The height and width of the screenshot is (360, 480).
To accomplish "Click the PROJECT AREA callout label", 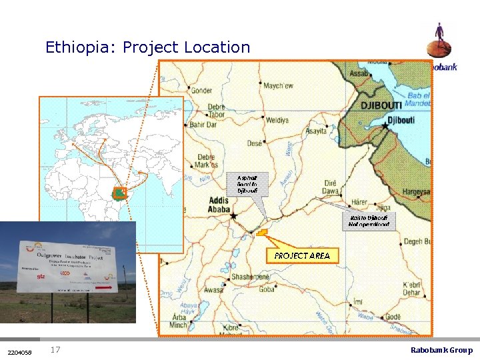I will click(x=301, y=255).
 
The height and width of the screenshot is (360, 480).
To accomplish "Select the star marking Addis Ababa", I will click(x=233, y=216).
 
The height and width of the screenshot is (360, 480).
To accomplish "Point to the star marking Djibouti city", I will click(x=385, y=125).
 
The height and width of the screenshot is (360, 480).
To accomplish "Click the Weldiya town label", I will click(x=276, y=120).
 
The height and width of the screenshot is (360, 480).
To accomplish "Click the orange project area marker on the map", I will click(x=261, y=234).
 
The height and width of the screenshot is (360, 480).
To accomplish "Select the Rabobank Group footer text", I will click(x=441, y=350).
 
